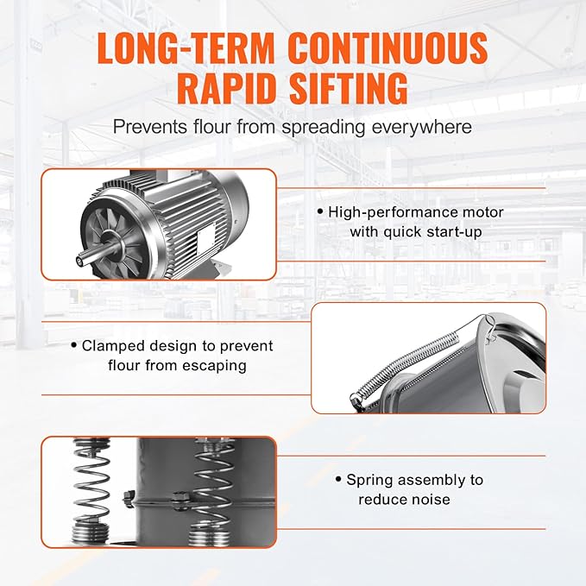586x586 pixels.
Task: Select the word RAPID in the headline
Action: tap(229, 89)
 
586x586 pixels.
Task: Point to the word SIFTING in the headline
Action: tap(349, 89)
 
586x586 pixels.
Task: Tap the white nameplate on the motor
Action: tap(206, 237)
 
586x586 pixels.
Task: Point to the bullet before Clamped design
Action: tap(74, 344)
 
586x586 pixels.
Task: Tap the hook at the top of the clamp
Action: tap(489, 326)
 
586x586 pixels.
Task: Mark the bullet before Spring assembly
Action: tap(338, 478)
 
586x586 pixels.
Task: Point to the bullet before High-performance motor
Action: tap(320, 211)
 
